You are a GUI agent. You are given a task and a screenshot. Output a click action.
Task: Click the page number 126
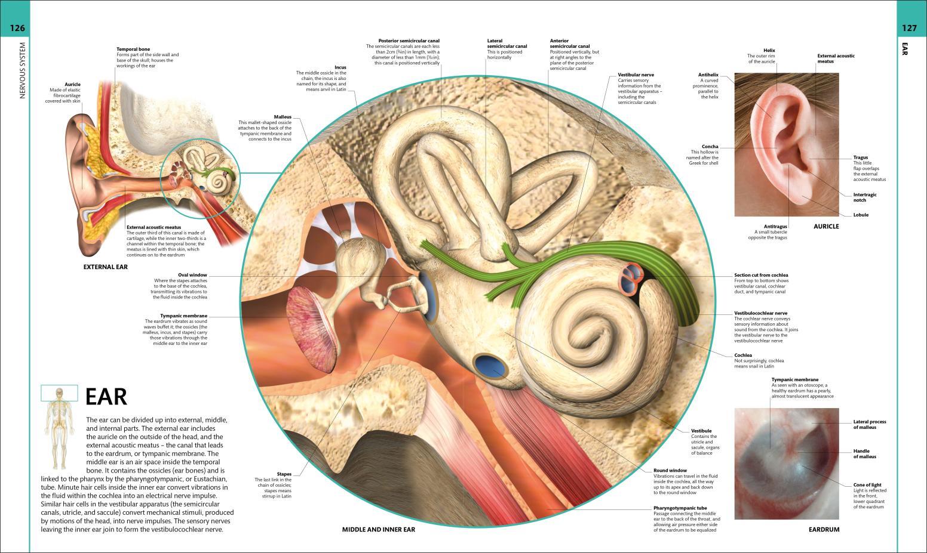coord(17,28)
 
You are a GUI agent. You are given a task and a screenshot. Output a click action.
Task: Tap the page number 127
coord(909,28)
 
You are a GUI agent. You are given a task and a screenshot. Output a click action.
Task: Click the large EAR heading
coord(106,397)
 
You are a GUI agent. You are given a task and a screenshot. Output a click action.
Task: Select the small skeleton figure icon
coord(60,428)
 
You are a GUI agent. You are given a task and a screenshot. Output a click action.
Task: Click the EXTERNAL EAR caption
coord(106,267)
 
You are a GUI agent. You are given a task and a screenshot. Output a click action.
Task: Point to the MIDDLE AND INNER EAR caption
coord(378,530)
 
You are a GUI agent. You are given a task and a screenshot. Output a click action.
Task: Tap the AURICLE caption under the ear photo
coord(826,227)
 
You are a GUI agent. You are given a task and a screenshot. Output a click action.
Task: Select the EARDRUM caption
coord(824,530)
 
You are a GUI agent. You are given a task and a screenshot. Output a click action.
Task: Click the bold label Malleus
coord(283,117)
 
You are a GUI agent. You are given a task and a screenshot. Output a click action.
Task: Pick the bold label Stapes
coord(284,474)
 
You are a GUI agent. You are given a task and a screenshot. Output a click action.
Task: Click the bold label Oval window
coord(192,275)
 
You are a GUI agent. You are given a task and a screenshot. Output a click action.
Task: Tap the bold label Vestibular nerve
coord(636,75)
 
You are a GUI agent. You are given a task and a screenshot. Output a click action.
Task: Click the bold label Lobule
coord(861,215)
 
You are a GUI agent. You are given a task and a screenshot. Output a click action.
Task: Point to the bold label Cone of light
coord(867,485)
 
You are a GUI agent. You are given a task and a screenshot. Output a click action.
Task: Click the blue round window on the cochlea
coord(490,366)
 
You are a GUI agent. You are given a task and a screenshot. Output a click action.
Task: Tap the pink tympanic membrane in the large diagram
coord(311,329)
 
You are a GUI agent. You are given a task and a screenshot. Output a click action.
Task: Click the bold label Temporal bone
coord(133,49)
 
